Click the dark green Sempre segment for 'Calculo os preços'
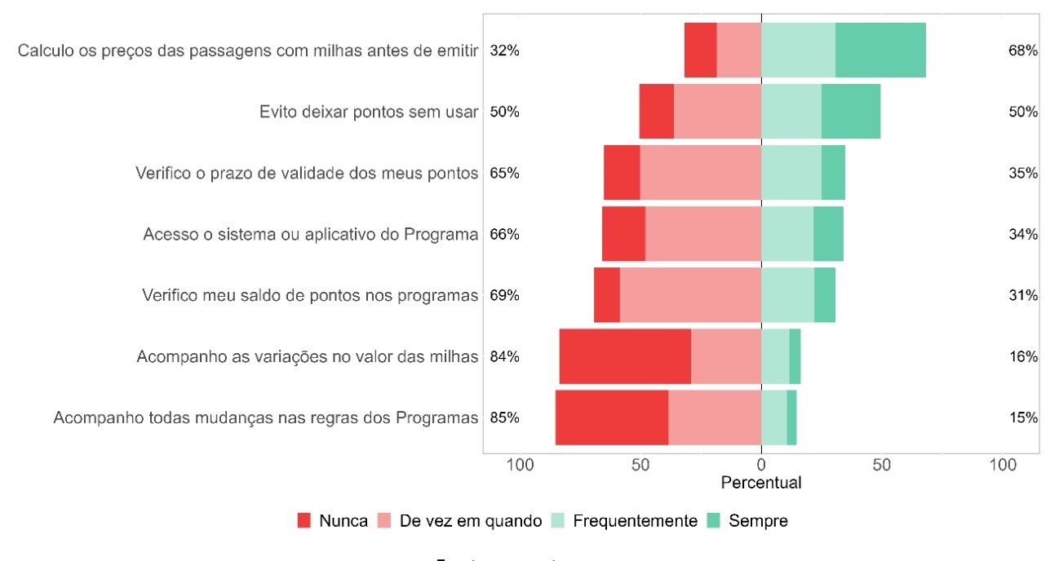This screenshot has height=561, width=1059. click(x=880, y=51)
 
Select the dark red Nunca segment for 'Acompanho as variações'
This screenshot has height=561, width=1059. click(x=625, y=356)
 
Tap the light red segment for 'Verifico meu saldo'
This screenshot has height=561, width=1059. click(x=690, y=295)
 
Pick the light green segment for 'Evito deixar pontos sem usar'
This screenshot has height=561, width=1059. click(x=791, y=112)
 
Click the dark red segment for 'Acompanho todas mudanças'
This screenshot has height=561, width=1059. click(x=612, y=417)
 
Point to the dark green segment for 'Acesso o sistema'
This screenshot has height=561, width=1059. click(x=828, y=234)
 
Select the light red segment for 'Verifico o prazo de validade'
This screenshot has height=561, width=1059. click(x=700, y=173)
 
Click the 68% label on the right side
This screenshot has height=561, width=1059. click(x=1022, y=51)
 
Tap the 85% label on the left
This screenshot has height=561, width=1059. click(x=504, y=417)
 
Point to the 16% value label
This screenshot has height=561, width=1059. click(x=1022, y=356)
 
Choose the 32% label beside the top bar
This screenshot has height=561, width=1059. click(x=504, y=51)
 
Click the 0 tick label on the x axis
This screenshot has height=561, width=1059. click(x=761, y=466)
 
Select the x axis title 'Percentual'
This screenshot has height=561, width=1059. click(x=761, y=483)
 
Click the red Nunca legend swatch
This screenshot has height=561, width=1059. click(x=304, y=521)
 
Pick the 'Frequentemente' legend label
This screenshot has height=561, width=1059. click(x=635, y=521)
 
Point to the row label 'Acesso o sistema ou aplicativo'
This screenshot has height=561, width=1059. click(x=310, y=234)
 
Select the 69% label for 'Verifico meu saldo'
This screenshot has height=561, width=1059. click(x=504, y=295)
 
